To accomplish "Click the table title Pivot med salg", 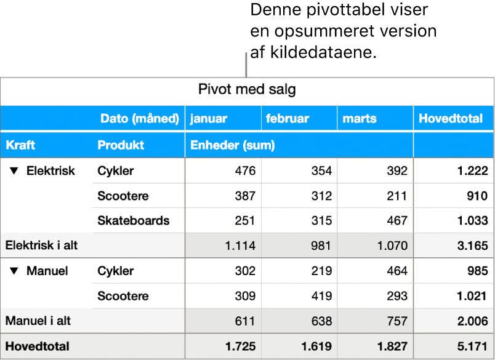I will (247, 90).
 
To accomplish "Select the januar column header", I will (208, 119).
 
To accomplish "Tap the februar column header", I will (287, 119).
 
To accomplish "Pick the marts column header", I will (360, 119).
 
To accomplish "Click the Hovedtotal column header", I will (451, 119).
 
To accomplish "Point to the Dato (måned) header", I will (140, 119).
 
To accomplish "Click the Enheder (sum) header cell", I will (232, 145).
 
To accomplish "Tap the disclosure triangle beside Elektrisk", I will (15, 171).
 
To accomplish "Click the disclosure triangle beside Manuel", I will (15, 271).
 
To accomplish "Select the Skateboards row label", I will (133, 221).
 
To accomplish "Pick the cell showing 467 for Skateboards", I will (396, 221).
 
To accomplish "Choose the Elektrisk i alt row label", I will (41, 246).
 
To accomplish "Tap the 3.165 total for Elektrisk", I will (472, 246).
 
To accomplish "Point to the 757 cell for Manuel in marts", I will (396, 321).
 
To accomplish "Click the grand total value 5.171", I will (472, 346).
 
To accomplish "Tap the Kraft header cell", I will (20, 145).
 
